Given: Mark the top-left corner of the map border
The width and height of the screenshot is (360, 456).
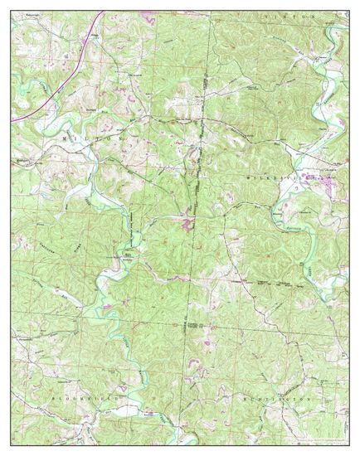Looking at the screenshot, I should tap(11, 11).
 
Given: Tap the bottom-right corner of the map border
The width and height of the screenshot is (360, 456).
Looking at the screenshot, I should tap(349, 444).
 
